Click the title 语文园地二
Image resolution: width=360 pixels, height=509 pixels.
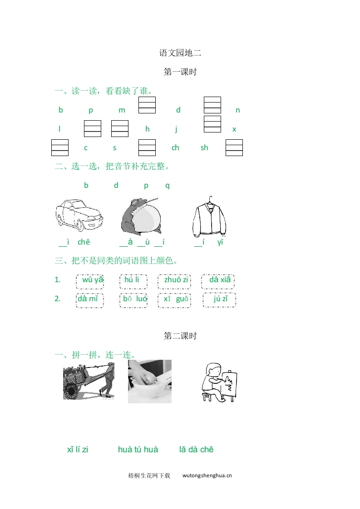[180, 53]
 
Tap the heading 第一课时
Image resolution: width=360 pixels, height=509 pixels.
[180, 72]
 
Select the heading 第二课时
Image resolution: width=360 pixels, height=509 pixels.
[180, 336]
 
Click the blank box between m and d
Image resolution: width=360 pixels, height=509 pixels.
[147, 105]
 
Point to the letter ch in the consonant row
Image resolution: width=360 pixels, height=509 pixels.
[175, 148]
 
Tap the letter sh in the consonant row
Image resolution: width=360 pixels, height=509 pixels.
[204, 148]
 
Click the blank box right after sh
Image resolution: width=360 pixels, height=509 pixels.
[234, 147]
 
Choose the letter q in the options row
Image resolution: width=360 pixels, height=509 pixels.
[167, 186]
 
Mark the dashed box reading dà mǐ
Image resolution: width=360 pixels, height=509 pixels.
[90, 300]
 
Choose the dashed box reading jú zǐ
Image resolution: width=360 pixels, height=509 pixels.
[219, 300]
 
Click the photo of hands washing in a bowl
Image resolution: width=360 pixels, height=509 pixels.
[150, 381]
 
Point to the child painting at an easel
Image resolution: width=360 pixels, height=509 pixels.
[219, 382]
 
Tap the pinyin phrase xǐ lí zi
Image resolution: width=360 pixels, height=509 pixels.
[78, 450]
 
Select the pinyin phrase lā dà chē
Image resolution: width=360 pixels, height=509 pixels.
[196, 450]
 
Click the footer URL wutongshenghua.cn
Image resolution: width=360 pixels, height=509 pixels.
[207, 475]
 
